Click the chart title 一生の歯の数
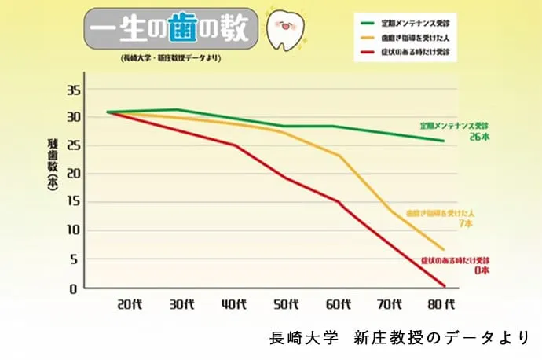[170, 29]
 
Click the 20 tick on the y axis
[72, 174]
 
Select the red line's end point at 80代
[445, 285]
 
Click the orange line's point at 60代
[339, 156]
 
